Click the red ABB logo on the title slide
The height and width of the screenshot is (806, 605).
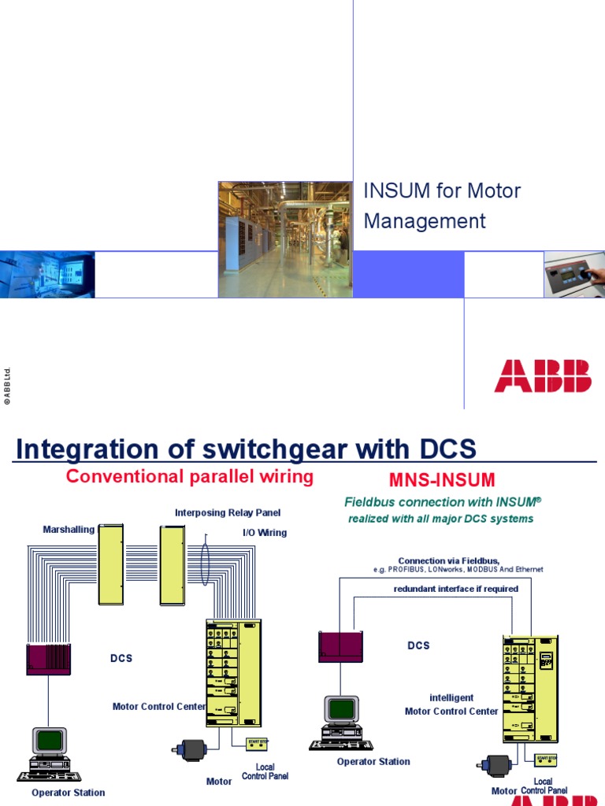(543, 375)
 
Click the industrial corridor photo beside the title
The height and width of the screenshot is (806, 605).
(284, 239)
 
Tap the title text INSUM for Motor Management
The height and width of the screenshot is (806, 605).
(441, 206)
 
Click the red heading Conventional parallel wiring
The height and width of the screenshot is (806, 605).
(190, 476)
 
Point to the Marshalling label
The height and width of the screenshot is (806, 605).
(69, 530)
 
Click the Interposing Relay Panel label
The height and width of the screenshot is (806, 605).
(228, 513)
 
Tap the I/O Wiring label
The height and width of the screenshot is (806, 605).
(264, 533)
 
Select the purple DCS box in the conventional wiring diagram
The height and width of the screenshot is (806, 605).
(49, 659)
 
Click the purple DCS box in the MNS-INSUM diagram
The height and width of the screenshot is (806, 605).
(340, 646)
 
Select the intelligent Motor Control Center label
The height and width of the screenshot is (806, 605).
(451, 704)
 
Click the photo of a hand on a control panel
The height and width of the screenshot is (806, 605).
(574, 275)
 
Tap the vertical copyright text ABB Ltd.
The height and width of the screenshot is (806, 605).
(7, 385)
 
